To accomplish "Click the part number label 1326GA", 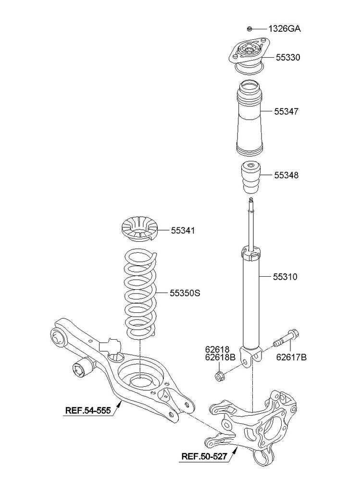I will (285, 29).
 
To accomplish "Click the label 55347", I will (286, 111).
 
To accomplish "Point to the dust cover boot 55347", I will (248, 120).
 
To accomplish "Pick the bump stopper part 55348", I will (250, 176).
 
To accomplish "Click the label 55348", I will (286, 175).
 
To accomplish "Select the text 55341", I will (183, 231).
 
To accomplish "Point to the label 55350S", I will (185, 292).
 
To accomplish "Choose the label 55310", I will (286, 277).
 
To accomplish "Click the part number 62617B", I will (291, 357).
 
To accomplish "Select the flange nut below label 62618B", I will (219, 375).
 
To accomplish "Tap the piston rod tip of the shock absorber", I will (250, 199).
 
